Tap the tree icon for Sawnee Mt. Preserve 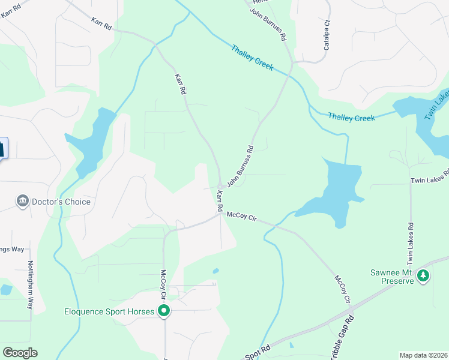pos(424,275)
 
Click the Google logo pos(20,353)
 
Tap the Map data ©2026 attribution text pos(423,355)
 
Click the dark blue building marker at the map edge pos(2,149)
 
